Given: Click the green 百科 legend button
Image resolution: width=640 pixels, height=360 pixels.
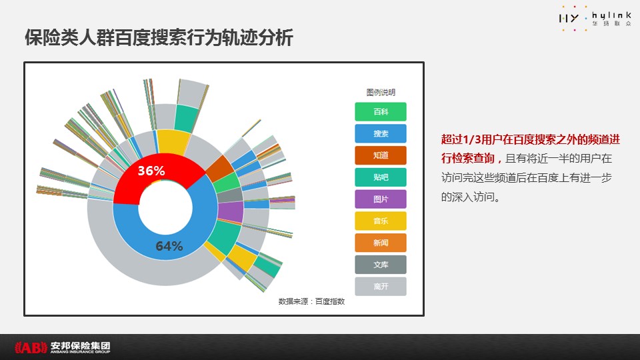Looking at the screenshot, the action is [381, 111].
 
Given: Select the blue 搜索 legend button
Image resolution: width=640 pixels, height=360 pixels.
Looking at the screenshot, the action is [381, 133].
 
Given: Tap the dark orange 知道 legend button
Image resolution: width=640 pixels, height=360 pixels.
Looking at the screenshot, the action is [381, 155].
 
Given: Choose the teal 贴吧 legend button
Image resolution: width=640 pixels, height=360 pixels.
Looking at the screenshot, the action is [381, 177].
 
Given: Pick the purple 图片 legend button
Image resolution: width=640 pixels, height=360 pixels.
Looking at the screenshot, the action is [381, 199].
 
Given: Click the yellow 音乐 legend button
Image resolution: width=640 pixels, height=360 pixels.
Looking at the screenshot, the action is [381, 221].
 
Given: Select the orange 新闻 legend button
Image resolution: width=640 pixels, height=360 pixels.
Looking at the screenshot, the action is [381, 243].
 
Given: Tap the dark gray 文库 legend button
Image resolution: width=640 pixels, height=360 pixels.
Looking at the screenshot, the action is [381, 265].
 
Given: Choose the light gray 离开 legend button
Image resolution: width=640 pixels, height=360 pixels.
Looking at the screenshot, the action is [381, 287].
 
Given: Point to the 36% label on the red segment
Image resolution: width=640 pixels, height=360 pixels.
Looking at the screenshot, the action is [151, 171].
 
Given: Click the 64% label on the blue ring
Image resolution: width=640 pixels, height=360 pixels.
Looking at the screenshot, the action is [169, 246].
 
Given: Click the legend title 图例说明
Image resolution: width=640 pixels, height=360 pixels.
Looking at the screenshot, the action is [381, 92].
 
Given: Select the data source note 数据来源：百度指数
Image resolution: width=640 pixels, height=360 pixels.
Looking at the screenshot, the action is [311, 301].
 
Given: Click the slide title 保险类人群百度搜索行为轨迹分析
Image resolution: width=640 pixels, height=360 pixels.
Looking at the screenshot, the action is [159, 37].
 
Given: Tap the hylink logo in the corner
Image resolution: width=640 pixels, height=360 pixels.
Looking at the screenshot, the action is [595, 19].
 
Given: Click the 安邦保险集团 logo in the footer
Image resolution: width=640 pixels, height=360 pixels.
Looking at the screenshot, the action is [63, 347].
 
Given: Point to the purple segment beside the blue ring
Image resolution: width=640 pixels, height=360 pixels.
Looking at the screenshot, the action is [230, 211].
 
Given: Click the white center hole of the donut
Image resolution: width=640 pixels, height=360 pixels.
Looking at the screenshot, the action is [165, 207].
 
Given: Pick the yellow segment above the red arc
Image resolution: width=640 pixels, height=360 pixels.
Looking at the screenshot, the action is [173, 142].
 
